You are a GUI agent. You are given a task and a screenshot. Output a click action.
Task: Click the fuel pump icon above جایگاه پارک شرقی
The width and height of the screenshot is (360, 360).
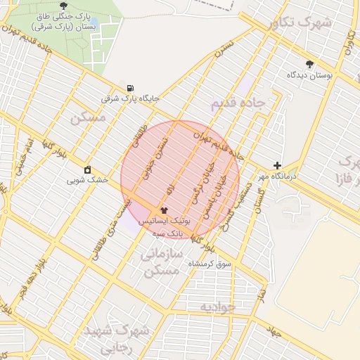pos(130,88)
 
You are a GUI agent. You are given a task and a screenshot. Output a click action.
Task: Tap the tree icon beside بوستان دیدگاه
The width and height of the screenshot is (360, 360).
pos(309,64)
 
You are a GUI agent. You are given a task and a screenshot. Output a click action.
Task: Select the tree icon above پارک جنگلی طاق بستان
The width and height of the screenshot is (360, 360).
pos(64,6)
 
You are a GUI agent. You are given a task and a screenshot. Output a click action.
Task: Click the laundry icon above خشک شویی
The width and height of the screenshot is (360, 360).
pos(87,169)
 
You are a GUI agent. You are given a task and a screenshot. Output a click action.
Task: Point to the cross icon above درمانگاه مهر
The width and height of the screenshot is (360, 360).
pos(277,165)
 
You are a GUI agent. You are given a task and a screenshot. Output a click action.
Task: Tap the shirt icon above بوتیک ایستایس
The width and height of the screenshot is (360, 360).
pos(164,210)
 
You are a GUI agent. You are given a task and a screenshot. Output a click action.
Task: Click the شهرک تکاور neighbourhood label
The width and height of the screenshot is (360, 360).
pos(300,24)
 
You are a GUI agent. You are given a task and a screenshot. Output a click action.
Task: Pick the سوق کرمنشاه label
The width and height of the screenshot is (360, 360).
pos(209,264)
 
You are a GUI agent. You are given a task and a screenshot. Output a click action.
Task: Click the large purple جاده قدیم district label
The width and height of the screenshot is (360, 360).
pos(238,104)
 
